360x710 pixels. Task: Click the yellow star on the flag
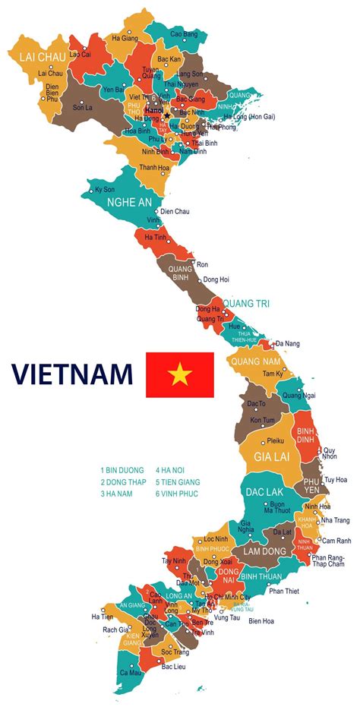click(x=180, y=374)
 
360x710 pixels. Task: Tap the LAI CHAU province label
click(x=34, y=55)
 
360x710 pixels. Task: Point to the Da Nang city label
click(x=288, y=344)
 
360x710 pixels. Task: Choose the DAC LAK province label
click(x=266, y=491)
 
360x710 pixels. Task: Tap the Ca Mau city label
click(x=131, y=672)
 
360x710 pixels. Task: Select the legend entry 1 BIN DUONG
click(x=122, y=470)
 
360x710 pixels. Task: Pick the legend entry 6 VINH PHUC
click(x=178, y=493)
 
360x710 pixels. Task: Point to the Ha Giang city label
click(x=125, y=37)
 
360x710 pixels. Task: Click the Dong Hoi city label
click(x=216, y=279)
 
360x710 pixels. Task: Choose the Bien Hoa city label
click(x=261, y=621)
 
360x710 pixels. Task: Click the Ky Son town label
click(x=104, y=189)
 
